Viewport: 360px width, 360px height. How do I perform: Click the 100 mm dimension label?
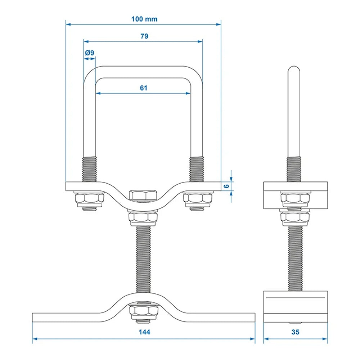click(144, 19)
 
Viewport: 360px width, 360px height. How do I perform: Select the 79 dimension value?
click(144, 36)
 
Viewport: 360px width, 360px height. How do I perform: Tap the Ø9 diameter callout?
click(90, 53)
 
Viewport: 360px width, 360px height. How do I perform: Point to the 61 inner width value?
click(144, 87)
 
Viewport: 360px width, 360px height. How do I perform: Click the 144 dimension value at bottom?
click(144, 332)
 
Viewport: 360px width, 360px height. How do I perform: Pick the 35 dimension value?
click(295, 332)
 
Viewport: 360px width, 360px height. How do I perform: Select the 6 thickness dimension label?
click(226, 186)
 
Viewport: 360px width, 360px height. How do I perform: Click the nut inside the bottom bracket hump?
click(144, 310)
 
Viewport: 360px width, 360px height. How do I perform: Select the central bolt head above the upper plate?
click(143, 195)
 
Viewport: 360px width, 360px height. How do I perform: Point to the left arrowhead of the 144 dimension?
click(35, 338)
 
